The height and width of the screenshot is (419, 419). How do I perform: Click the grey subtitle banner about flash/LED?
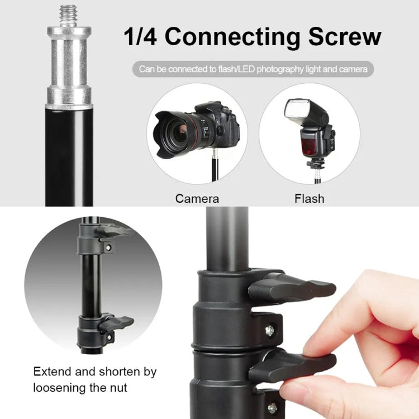click(x=253, y=69)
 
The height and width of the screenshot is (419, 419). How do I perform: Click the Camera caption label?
click(x=197, y=198)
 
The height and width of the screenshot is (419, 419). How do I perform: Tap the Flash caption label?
click(x=309, y=198)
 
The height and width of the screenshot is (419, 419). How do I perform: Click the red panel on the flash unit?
click(x=309, y=147)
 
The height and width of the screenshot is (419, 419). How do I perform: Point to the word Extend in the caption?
click(x=54, y=372)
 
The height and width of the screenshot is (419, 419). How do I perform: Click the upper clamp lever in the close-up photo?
click(x=291, y=288)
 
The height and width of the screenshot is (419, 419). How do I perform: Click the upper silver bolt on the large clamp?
click(x=269, y=330)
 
